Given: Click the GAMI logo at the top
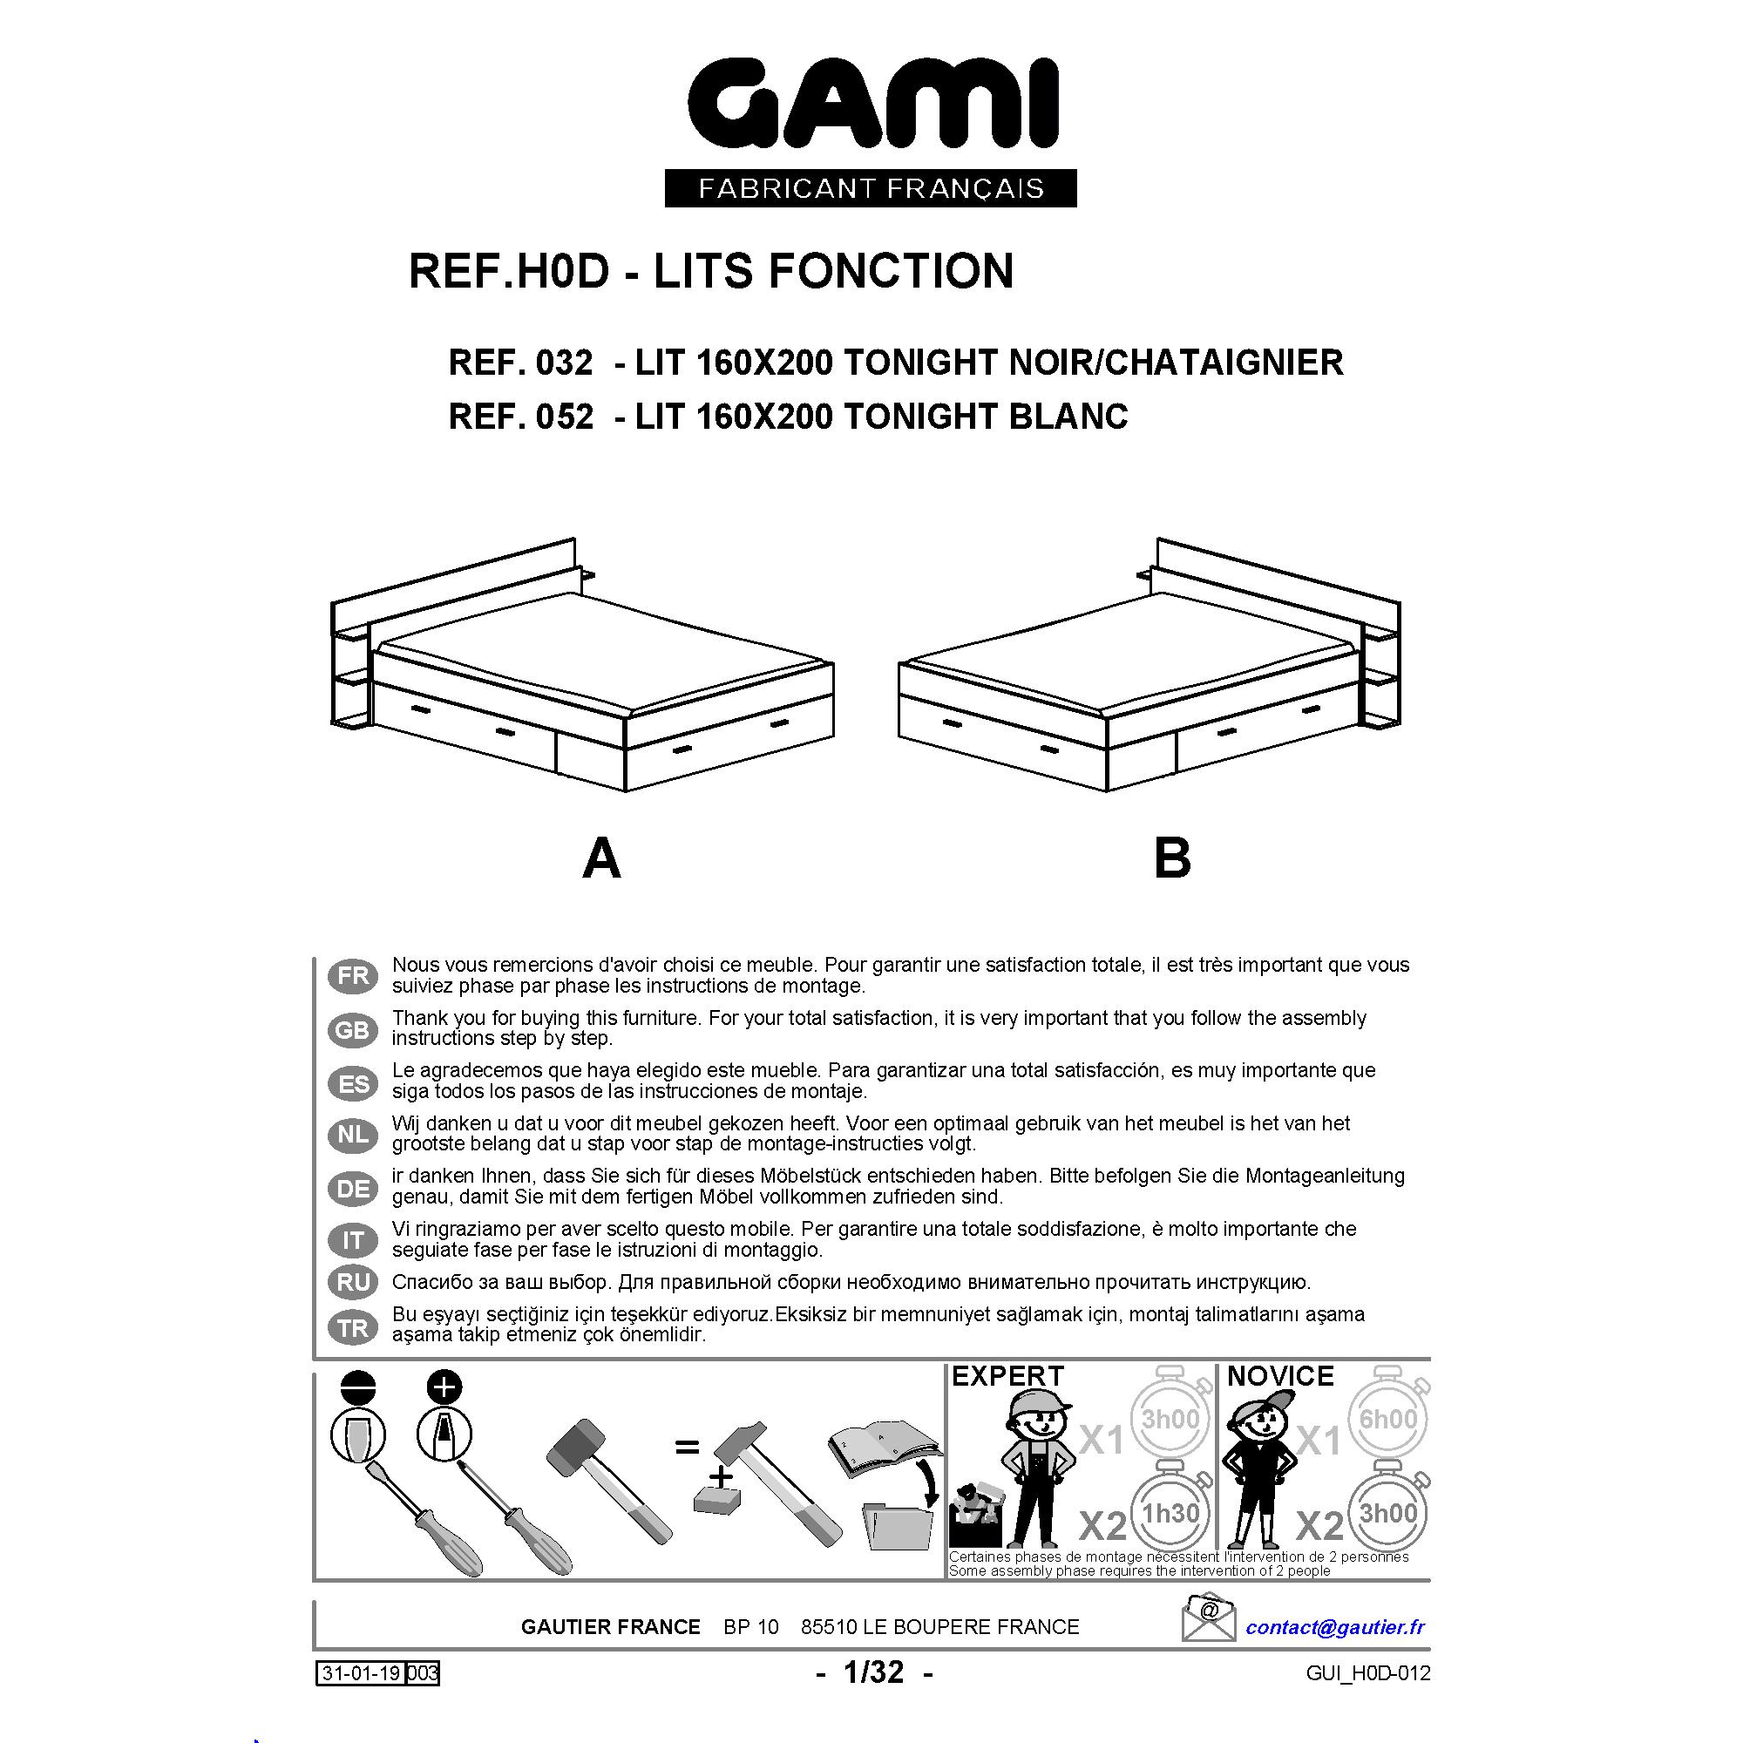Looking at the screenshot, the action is pyautogui.click(x=871, y=105).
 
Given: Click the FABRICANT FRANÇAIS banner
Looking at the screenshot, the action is pyautogui.click(x=871, y=188).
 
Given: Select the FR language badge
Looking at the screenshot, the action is pyautogui.click(x=352, y=976).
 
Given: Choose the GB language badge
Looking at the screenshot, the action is pyautogui.click(x=352, y=1029).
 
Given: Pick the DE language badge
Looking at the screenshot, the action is pyautogui.click(x=352, y=1188).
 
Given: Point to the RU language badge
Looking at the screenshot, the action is pyautogui.click(x=352, y=1282).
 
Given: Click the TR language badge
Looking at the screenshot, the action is pyautogui.click(x=352, y=1328).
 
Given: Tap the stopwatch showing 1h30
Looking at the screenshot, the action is pyautogui.click(x=1170, y=1512).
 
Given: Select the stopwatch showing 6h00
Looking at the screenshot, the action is pyautogui.click(x=1388, y=1418).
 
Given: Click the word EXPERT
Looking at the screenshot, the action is pyautogui.click(x=1007, y=1376).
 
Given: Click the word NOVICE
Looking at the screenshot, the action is pyautogui.click(x=1280, y=1376).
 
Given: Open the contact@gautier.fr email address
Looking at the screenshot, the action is pyautogui.click(x=1335, y=1626).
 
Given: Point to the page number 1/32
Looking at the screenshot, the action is pyautogui.click(x=873, y=1672).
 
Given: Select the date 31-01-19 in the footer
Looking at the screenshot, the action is pyautogui.click(x=359, y=1673).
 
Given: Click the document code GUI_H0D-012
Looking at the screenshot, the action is pyautogui.click(x=1367, y=1673).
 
